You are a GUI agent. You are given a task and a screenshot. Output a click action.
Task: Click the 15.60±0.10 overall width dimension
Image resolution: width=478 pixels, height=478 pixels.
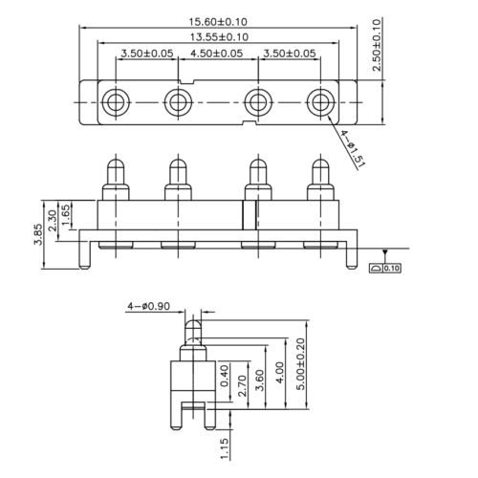(218, 22)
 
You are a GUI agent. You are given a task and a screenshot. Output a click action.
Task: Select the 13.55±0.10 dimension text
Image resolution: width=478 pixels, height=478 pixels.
(219, 37)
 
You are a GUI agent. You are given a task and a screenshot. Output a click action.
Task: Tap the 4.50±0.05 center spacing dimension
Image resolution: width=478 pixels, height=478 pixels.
(217, 54)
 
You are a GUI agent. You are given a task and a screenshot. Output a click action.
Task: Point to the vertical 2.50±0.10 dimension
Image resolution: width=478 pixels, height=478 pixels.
(377, 45)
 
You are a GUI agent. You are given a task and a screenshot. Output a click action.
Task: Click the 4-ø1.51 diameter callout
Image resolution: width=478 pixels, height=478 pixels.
(352, 149)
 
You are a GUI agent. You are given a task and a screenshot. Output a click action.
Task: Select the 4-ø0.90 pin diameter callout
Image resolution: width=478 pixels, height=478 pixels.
(149, 306)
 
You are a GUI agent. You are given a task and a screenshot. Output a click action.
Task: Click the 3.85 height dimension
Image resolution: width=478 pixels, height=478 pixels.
(38, 234)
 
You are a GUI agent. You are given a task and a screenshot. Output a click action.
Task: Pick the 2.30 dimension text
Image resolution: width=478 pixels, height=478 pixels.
(53, 220)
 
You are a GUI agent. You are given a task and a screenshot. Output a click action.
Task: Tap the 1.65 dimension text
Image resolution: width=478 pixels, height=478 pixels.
(65, 215)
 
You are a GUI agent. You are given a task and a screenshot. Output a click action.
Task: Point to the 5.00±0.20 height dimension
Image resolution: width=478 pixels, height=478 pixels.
(300, 364)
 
